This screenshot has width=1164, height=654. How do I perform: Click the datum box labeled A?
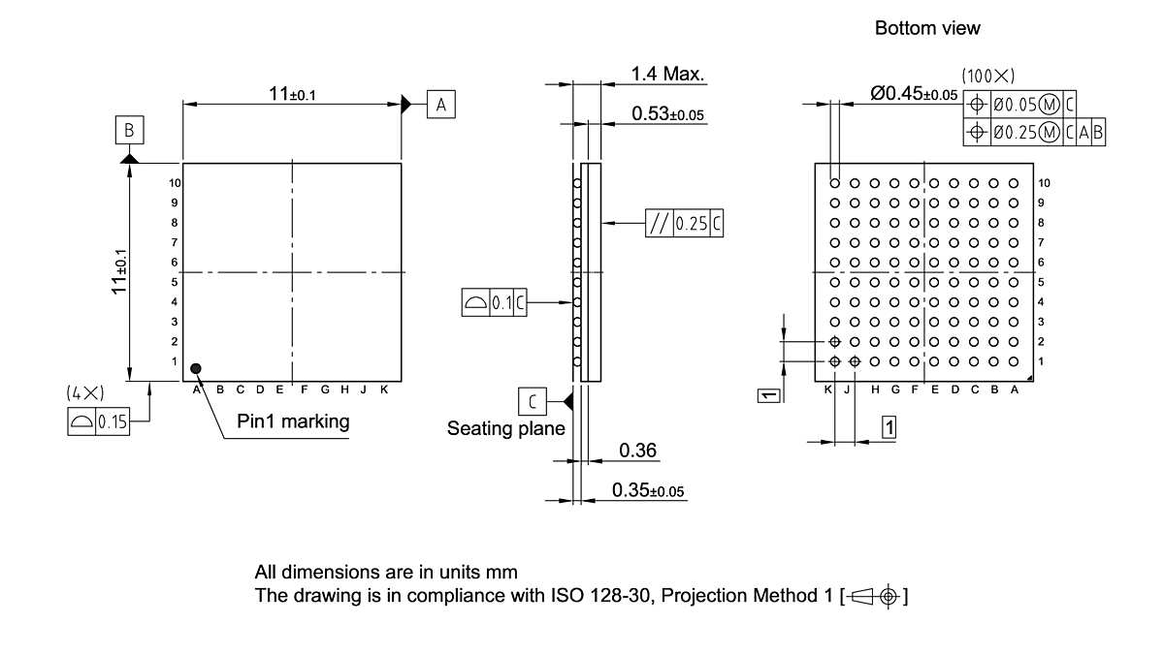[x=440, y=105]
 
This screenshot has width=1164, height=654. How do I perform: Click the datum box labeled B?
[x=129, y=130]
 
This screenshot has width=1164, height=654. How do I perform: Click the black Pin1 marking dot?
[x=196, y=368]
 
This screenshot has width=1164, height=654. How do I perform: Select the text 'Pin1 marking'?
[x=293, y=421]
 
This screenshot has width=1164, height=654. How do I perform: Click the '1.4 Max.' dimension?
[x=667, y=74]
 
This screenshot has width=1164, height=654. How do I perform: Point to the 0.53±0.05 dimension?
[x=667, y=114]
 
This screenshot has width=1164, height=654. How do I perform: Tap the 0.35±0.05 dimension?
[x=647, y=491]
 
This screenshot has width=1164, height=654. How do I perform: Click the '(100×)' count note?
[x=987, y=75]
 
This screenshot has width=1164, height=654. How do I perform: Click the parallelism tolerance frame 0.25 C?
[x=684, y=223]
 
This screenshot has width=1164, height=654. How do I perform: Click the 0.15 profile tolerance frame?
[x=98, y=422]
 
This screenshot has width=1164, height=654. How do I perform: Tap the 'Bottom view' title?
[x=927, y=28]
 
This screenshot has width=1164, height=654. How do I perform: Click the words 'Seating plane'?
[x=504, y=427]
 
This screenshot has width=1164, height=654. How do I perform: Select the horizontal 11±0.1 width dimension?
[x=293, y=93]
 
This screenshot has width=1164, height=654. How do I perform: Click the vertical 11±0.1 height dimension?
[x=120, y=273]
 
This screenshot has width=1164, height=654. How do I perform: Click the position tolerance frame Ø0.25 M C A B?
[x=1036, y=133]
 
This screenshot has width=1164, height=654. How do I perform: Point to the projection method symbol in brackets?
[x=875, y=596]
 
